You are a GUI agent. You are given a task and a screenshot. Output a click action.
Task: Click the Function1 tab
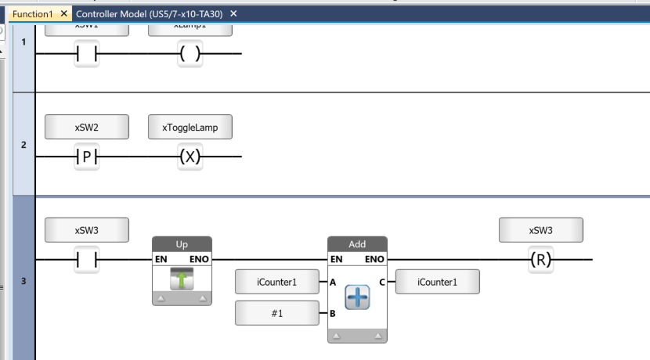coord(32,14)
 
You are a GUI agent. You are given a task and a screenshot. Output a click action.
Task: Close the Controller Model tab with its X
coord(233,14)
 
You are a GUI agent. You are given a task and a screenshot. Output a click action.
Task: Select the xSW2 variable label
coord(86,127)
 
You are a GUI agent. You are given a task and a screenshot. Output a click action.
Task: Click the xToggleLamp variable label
coord(190,127)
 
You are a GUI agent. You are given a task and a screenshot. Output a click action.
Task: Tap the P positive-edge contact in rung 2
coord(86,157)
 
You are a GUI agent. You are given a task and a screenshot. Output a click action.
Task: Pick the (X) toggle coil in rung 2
coord(190,157)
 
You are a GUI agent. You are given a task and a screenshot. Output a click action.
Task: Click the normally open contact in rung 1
coord(86,54)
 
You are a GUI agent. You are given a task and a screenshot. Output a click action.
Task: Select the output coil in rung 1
coord(190,54)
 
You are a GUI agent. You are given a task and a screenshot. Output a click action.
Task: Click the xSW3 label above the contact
coord(86,230)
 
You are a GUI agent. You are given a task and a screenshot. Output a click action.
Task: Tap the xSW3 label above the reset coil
coord(540,230)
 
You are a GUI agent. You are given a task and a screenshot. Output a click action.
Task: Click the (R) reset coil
coord(540,260)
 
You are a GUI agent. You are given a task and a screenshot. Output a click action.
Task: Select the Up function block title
coord(182,244)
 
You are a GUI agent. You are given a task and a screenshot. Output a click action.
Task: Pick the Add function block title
coord(357,244)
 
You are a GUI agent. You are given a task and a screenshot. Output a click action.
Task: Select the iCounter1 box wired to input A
coord(277,283)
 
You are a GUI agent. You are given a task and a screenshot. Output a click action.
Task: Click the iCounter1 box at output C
coord(437,283)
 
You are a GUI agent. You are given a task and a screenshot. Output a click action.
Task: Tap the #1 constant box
coord(277,313)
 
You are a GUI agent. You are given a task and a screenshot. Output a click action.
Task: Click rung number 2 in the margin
coord(23,145)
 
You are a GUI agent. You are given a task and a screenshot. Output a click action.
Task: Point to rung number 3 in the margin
coord(23,279)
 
